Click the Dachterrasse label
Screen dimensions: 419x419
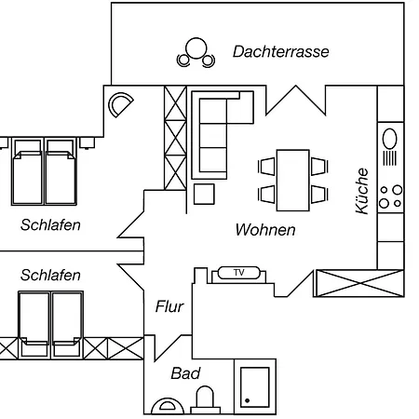point(281,52)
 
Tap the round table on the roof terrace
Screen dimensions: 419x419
point(196,48)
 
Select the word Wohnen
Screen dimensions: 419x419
point(265,230)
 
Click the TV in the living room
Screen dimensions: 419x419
point(239,273)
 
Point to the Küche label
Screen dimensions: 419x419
point(362,191)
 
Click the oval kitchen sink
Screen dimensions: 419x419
point(390,139)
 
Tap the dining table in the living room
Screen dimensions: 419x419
point(293,181)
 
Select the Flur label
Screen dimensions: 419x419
point(169,306)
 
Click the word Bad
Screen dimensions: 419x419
point(185,373)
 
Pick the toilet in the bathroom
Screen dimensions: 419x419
point(205,399)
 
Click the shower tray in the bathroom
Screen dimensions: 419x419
point(255,386)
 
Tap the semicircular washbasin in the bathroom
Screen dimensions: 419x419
point(168,406)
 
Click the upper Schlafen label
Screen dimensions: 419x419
point(50,225)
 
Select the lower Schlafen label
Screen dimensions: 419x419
point(50,276)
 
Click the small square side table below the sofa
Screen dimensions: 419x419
point(204,195)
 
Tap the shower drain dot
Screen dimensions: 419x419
point(248,400)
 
